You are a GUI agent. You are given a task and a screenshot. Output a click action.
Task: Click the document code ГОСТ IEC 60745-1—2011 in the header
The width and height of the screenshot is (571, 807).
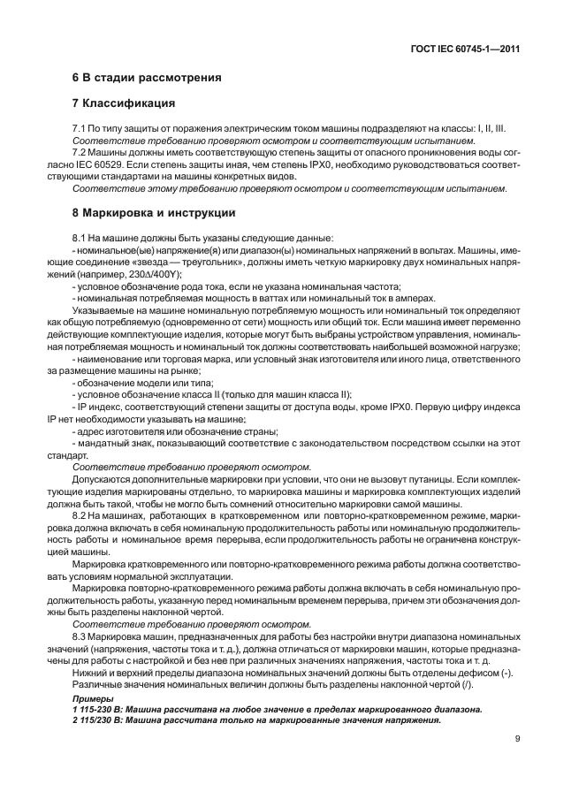pyautogui.click(x=464, y=50)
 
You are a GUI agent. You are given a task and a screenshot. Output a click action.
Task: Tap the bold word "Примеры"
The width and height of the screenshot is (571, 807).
pyautogui.click(x=89, y=697)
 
